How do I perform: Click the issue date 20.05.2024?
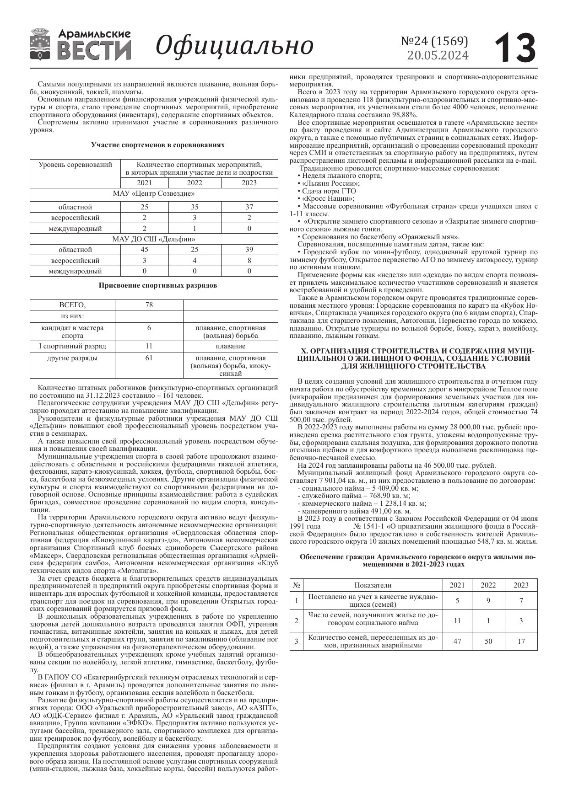coord(438,55)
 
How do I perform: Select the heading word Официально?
coord(235,45)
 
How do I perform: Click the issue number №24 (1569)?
coord(434,41)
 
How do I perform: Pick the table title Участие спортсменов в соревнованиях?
coord(158,144)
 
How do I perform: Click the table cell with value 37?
coord(249,207)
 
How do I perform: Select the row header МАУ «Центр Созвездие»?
coord(154,193)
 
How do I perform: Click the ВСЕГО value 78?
coord(149,305)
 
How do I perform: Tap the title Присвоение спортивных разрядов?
coord(158,285)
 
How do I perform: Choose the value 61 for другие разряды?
coord(149,358)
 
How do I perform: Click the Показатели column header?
coord(373,585)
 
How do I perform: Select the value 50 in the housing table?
coord(488,642)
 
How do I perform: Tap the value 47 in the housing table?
coord(457,642)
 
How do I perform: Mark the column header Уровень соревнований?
coord(75,165)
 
